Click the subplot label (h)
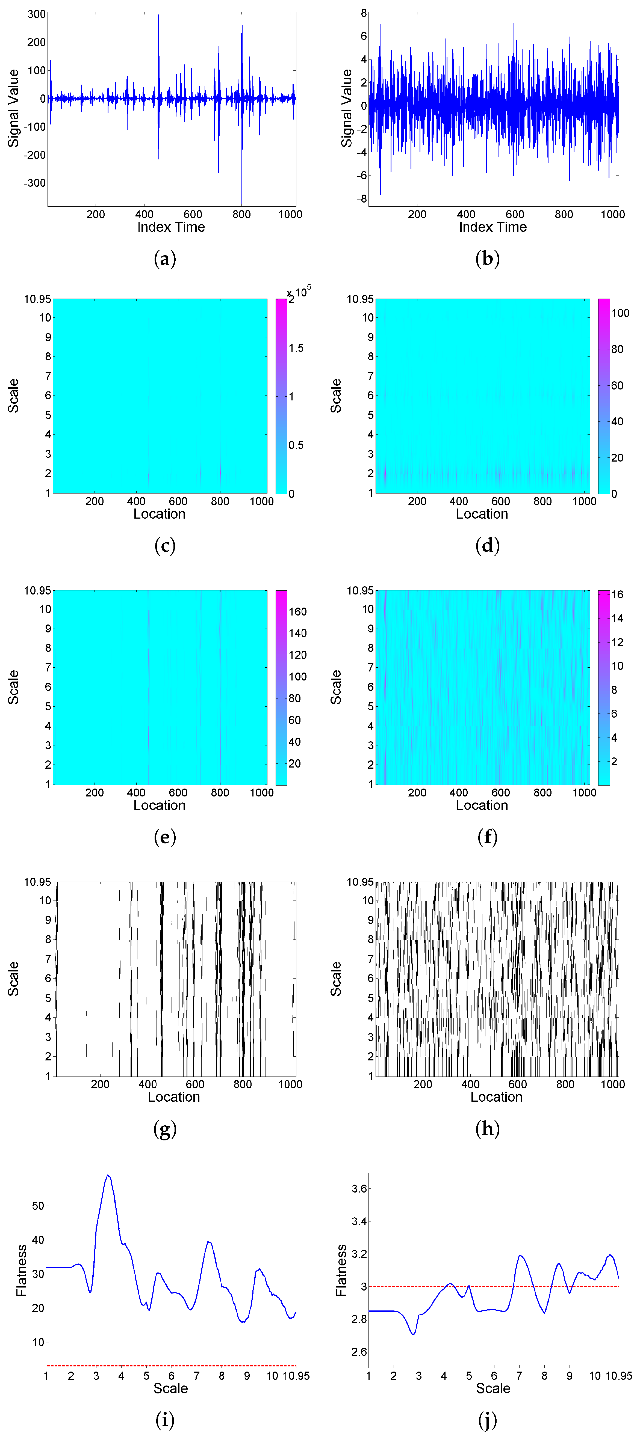coord(487,1129)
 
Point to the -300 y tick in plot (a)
coord(35,183)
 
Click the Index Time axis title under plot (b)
coord(493,227)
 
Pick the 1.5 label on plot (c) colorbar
coord(296,348)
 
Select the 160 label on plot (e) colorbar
coord(297,611)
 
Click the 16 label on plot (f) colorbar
coord(617,594)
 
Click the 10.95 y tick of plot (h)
coord(360,882)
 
